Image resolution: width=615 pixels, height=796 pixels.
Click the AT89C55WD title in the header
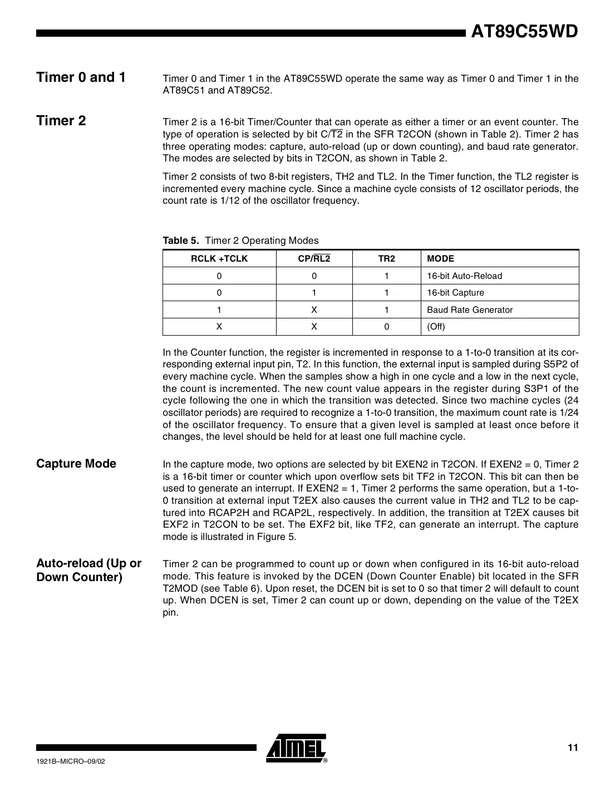524,32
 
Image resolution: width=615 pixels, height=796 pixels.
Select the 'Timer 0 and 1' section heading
81,77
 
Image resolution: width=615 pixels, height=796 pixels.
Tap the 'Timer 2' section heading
61,121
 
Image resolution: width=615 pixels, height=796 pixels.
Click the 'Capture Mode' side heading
76,464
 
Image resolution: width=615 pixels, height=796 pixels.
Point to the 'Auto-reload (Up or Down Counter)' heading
89,570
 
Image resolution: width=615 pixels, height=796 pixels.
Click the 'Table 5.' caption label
180,240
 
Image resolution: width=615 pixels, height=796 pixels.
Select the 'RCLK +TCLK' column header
219,259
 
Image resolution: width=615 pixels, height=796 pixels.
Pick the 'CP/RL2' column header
314,259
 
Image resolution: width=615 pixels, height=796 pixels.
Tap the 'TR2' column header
386,259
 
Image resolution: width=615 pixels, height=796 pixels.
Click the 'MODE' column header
440,259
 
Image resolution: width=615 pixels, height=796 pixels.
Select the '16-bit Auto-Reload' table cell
464,276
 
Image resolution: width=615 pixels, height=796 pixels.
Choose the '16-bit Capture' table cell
455,293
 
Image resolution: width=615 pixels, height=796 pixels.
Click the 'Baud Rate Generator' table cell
470,310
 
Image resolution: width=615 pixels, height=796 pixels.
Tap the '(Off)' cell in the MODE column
436,327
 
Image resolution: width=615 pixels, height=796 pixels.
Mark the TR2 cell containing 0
386,327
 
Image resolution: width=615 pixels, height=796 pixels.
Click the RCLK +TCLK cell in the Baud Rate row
219,310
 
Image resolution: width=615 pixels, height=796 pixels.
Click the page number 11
573,748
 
